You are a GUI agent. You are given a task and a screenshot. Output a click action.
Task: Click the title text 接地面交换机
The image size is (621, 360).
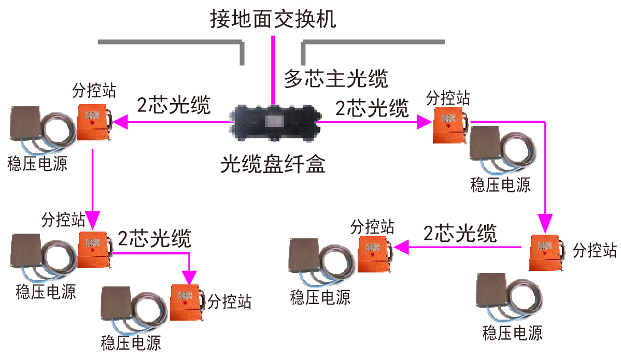click(x=273, y=20)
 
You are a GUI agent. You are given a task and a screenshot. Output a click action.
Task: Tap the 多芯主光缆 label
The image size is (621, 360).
click(x=336, y=79)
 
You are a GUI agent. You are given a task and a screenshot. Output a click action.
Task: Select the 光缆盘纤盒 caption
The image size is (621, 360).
click(x=273, y=164)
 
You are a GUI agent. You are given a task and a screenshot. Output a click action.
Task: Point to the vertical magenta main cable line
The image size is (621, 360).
click(x=273, y=67)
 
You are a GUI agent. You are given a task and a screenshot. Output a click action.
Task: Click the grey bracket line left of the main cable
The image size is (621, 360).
click(x=171, y=41)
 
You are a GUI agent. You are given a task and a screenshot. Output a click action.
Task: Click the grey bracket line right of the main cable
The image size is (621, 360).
click(x=373, y=41)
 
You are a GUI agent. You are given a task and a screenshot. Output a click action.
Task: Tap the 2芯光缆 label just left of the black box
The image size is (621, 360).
click(x=174, y=105)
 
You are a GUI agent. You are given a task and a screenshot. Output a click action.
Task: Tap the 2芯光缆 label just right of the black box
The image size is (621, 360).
click(x=372, y=108)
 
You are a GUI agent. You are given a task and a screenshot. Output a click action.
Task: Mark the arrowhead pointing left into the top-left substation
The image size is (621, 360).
click(x=119, y=122)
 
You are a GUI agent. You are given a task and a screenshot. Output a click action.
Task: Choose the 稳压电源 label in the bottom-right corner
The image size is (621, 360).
click(x=512, y=333)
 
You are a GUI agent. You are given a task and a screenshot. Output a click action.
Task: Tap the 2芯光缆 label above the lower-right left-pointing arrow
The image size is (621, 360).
click(x=460, y=234)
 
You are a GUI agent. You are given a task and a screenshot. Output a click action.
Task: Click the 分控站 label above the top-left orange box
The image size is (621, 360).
click(x=94, y=91)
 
